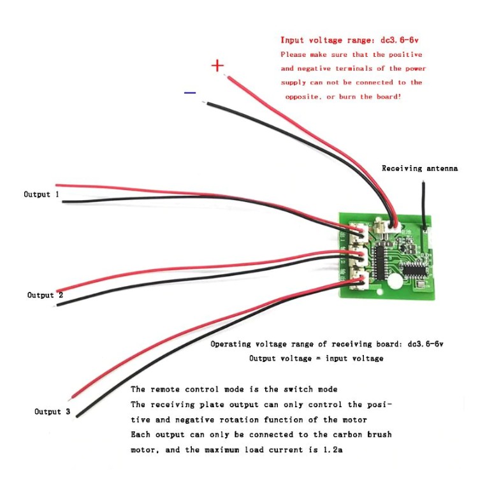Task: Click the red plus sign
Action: point(218,65)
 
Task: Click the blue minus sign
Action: point(190,93)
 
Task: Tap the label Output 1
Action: point(41,194)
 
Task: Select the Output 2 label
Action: point(45,295)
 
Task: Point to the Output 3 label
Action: point(52,412)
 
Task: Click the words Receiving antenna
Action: point(419,168)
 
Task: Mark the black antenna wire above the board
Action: point(424,201)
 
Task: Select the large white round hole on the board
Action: point(396,281)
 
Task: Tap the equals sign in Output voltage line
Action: point(317,359)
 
